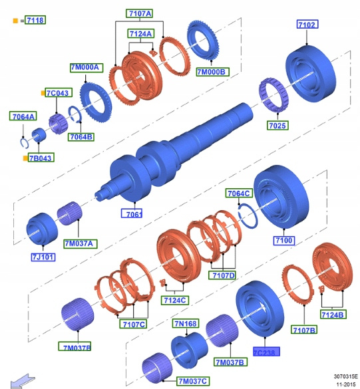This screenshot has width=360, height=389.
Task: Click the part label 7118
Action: (35, 20)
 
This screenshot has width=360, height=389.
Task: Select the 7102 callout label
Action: (307, 25)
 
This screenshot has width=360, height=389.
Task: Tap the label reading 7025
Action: (277, 126)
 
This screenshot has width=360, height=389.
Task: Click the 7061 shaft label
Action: (132, 213)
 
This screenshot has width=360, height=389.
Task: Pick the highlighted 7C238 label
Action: (266, 352)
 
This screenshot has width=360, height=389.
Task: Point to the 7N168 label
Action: (186, 324)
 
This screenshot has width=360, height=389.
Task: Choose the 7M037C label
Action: (193, 381)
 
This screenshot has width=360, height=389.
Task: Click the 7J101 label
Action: (43, 257)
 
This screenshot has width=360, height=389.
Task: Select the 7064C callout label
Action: (239, 193)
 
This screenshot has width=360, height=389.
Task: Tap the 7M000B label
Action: (212, 72)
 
